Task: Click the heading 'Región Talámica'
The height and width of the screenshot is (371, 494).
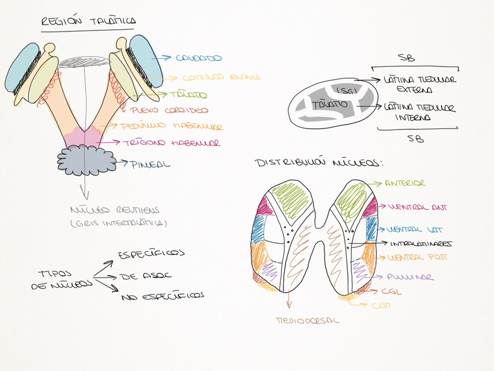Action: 88,22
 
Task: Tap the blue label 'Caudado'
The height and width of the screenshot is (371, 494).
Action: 200,58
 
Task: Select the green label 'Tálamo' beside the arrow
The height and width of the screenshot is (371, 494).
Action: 188,94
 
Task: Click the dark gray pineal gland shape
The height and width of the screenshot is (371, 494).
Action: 86,159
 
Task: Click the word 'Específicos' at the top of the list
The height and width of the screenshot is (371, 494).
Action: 151,254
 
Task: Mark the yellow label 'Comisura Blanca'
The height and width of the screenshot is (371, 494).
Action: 221,77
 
